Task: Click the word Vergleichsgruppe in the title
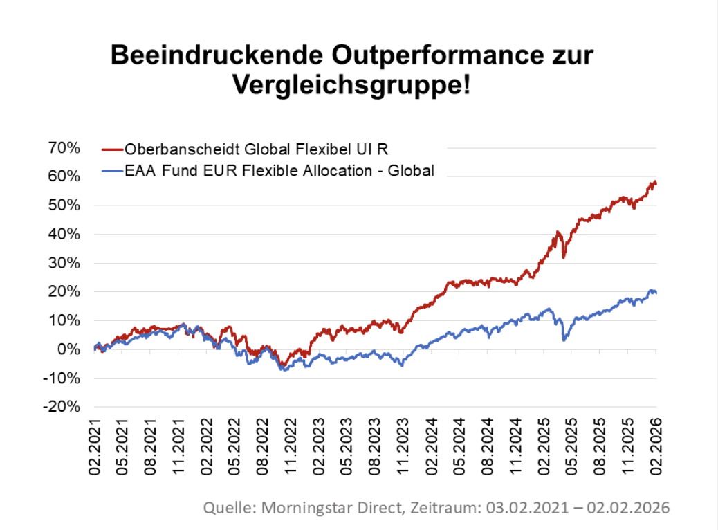tap(336, 85)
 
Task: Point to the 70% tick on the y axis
tap(64, 148)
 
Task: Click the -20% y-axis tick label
tap(62, 407)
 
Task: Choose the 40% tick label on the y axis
tap(64, 235)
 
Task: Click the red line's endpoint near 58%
tap(655, 183)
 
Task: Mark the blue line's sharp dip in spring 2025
tap(564, 340)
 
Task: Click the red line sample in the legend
tap(112, 149)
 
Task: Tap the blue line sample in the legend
tap(112, 171)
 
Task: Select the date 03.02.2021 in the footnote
tap(536, 508)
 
